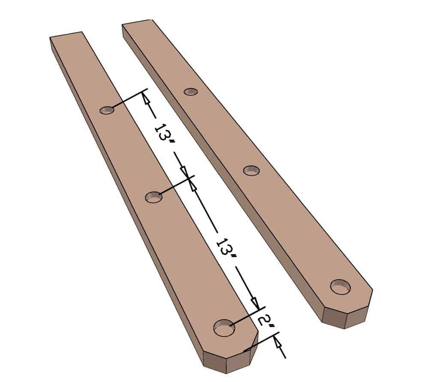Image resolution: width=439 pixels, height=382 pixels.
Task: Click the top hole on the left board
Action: pos(107,110)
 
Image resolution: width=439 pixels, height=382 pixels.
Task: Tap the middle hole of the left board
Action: pos(153,197)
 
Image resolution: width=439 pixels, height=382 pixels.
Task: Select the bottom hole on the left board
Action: pos(224,328)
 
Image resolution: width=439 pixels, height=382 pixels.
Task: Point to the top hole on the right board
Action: pos(191,92)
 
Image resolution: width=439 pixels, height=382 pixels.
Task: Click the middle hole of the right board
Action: pos(251,170)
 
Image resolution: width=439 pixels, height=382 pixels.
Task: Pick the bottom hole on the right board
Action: pos(341,286)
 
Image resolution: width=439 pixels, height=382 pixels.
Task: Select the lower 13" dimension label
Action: pos(226,250)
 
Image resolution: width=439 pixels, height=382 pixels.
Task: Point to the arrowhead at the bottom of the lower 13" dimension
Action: pos(256,303)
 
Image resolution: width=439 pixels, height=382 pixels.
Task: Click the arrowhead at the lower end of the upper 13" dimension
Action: pos(186,173)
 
